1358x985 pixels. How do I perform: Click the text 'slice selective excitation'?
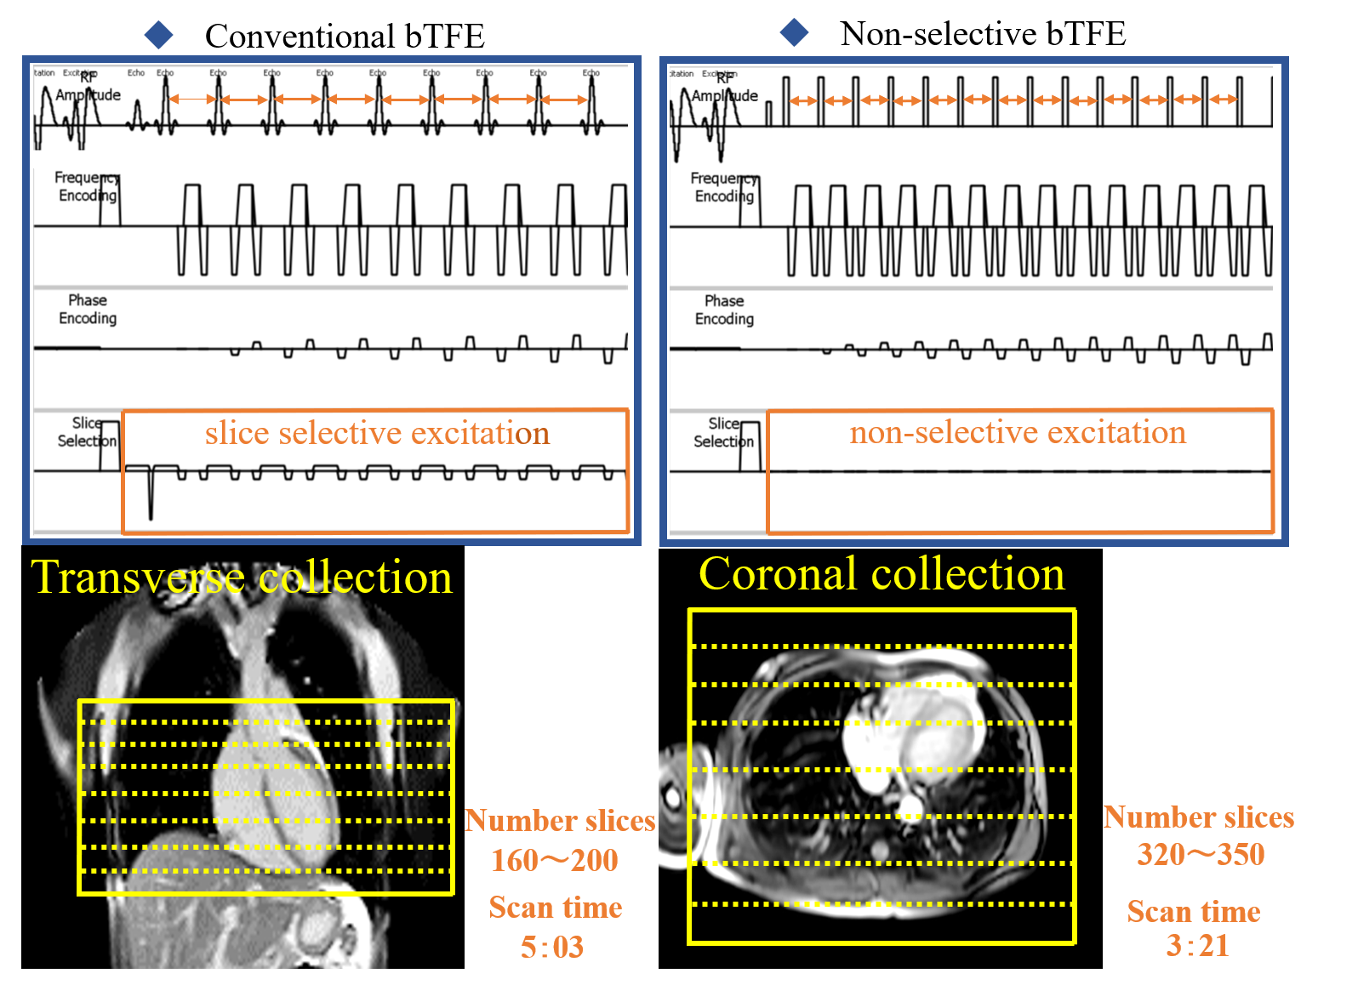377,434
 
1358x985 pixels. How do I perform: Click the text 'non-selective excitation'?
1017,433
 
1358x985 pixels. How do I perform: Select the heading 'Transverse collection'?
242,578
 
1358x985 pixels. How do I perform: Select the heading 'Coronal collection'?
882,574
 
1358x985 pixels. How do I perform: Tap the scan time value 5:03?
552,947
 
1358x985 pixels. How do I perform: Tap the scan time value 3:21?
1197,945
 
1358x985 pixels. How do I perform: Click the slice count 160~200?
554,860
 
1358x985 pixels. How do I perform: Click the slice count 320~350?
1201,854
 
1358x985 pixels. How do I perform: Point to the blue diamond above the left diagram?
159,35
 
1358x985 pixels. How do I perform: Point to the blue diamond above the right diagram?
794,32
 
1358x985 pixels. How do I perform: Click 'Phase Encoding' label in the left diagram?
88,310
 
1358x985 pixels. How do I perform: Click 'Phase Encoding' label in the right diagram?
724,310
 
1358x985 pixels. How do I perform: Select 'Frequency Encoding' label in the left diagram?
87,186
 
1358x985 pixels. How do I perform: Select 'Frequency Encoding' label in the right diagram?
723,187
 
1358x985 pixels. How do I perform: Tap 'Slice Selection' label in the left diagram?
86,432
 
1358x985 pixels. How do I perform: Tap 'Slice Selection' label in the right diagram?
723,433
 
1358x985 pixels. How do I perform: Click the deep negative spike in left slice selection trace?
151,502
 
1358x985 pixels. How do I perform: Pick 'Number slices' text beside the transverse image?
560,820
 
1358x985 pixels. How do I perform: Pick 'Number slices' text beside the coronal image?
1198,817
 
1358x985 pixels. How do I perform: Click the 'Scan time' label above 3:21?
1194,911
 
